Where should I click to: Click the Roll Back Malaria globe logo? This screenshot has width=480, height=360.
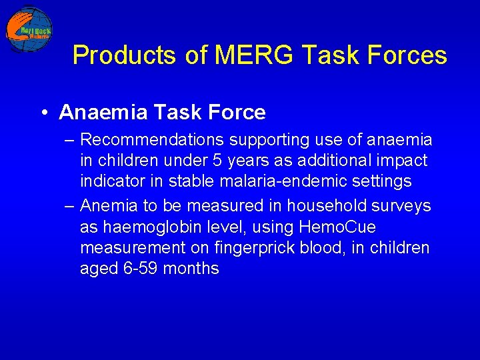click(x=29, y=30)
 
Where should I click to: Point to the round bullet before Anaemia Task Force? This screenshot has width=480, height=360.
click(x=43, y=113)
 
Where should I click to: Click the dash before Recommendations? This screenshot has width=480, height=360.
click(x=70, y=141)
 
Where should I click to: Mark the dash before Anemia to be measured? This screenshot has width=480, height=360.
click(x=70, y=207)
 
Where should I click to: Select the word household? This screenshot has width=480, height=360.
click(x=327, y=207)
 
